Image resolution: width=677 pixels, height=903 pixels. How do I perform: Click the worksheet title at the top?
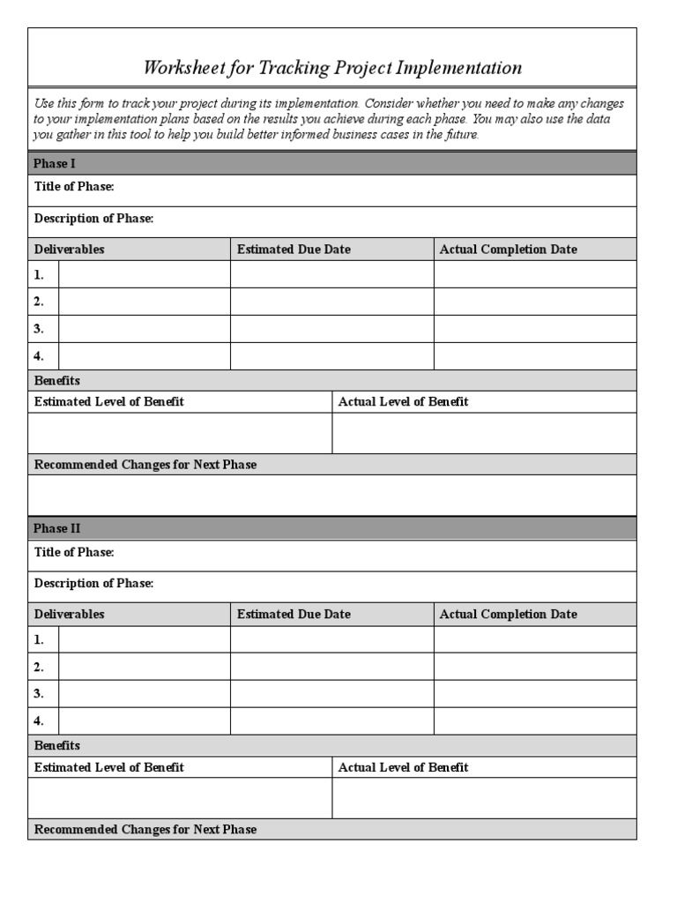tap(332, 68)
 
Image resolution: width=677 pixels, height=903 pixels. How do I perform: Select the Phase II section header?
tap(58, 528)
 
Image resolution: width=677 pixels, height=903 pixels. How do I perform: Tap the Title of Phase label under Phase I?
tap(74, 187)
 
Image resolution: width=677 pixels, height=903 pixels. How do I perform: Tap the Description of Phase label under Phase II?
tap(93, 584)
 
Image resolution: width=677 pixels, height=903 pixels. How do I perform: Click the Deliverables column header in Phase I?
tap(69, 250)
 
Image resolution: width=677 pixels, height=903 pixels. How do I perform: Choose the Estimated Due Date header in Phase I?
tap(294, 250)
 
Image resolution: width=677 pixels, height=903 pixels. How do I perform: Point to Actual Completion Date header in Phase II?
tap(508, 615)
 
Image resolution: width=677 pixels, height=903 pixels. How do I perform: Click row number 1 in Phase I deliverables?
tap(39, 274)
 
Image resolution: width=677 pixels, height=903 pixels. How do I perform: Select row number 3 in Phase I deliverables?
tap(39, 329)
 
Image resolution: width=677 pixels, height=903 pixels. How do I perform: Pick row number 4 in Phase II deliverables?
tap(39, 720)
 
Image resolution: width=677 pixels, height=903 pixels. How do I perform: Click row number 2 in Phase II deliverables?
tap(39, 667)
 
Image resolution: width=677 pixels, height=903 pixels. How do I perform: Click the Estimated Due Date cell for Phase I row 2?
tap(331, 302)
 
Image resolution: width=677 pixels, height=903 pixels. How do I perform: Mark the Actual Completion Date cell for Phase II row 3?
tap(534, 693)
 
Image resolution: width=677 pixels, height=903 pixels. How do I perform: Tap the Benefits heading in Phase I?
tap(56, 381)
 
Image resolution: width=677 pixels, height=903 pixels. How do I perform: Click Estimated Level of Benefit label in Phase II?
tap(108, 768)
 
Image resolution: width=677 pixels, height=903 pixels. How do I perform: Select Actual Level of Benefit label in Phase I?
tap(403, 402)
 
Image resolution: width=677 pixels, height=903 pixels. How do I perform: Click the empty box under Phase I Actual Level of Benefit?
tap(484, 433)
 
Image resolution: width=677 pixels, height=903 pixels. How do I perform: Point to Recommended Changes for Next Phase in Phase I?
tap(145, 465)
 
